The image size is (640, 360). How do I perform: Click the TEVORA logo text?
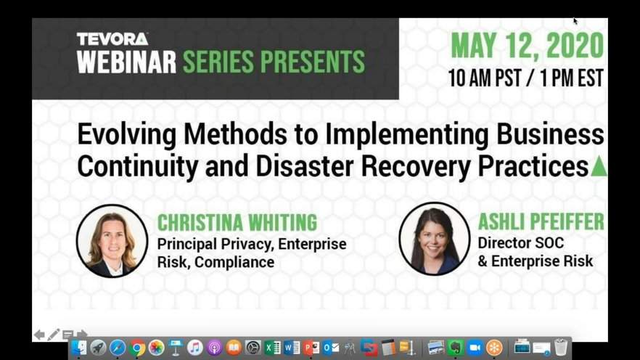[112, 39]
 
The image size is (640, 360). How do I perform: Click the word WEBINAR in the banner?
[126, 62]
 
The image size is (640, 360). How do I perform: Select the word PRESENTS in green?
[313, 62]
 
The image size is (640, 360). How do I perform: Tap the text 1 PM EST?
[572, 78]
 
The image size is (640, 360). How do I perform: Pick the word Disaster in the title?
[305, 166]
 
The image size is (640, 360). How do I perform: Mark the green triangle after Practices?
[599, 166]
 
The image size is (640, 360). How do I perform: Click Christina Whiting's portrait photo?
[112, 241]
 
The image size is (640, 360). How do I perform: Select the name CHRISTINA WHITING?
[237, 223]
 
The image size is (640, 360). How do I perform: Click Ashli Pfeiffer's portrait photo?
[434, 240]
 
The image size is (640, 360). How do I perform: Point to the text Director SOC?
[521, 243]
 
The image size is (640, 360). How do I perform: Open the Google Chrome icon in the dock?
[137, 348]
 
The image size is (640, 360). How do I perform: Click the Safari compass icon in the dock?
[118, 348]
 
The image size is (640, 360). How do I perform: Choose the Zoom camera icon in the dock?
[475, 348]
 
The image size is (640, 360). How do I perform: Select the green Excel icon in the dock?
[272, 348]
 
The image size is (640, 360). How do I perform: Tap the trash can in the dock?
[561, 348]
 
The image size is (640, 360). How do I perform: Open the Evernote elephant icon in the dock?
[455, 348]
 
